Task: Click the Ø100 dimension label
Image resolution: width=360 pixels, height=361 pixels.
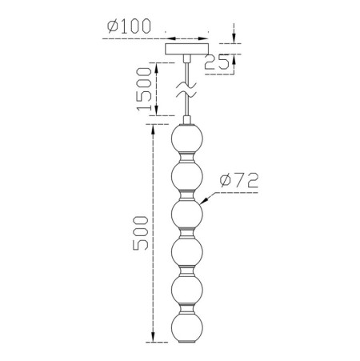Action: point(129,26)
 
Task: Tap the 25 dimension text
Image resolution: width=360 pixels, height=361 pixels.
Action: point(217,62)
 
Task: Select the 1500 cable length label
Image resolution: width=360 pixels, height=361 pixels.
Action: point(144,89)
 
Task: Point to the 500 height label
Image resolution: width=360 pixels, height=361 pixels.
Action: point(140,233)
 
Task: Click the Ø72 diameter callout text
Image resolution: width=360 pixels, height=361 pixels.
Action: point(239,180)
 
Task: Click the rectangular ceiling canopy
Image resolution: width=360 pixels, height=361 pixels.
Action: point(187,49)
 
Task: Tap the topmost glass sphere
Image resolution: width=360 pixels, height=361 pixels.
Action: point(187,138)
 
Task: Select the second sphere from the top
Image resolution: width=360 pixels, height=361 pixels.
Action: point(187,176)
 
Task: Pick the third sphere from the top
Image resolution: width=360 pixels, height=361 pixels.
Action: point(187,214)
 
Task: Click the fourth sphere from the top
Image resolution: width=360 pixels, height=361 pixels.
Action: point(187,251)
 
